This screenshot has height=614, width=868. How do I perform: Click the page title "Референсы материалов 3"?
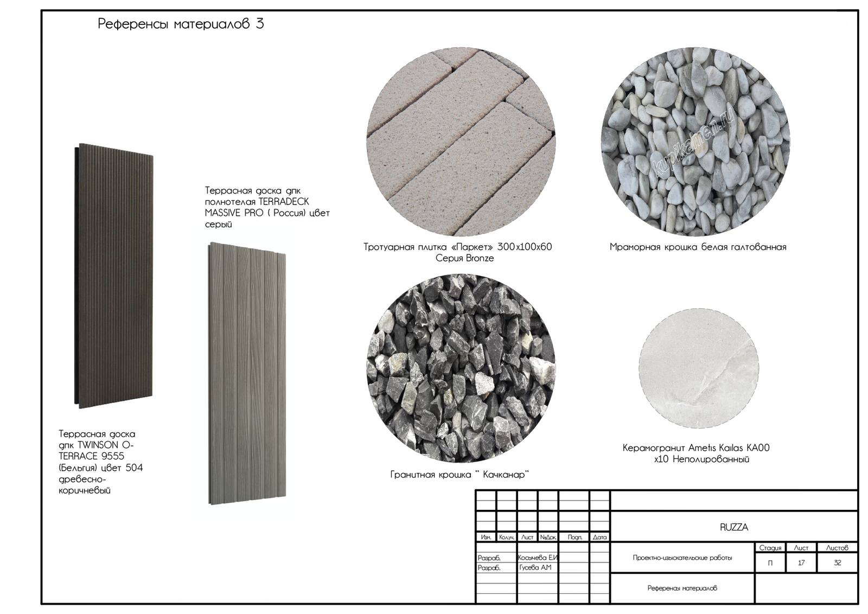click(181, 24)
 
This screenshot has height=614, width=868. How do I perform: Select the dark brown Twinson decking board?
click(114, 276)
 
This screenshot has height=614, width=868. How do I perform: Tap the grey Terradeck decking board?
click(247, 373)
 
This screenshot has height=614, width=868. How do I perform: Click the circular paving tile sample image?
click(461, 142)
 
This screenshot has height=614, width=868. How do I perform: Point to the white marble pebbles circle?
click(695, 142)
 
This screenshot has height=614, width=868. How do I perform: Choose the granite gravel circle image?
click(461, 368)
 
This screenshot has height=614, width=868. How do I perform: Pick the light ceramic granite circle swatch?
click(699, 368)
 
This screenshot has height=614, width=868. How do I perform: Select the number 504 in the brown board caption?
click(134, 468)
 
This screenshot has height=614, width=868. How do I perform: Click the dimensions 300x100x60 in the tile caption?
click(524, 247)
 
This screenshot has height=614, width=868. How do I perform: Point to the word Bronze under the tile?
click(480, 258)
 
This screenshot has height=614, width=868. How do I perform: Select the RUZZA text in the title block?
click(734, 527)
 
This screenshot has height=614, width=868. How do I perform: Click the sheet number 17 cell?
click(801, 563)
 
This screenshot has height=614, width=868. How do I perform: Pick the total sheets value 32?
click(838, 563)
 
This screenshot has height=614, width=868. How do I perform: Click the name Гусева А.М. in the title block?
click(535, 567)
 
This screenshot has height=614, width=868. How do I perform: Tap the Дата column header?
click(599, 538)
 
